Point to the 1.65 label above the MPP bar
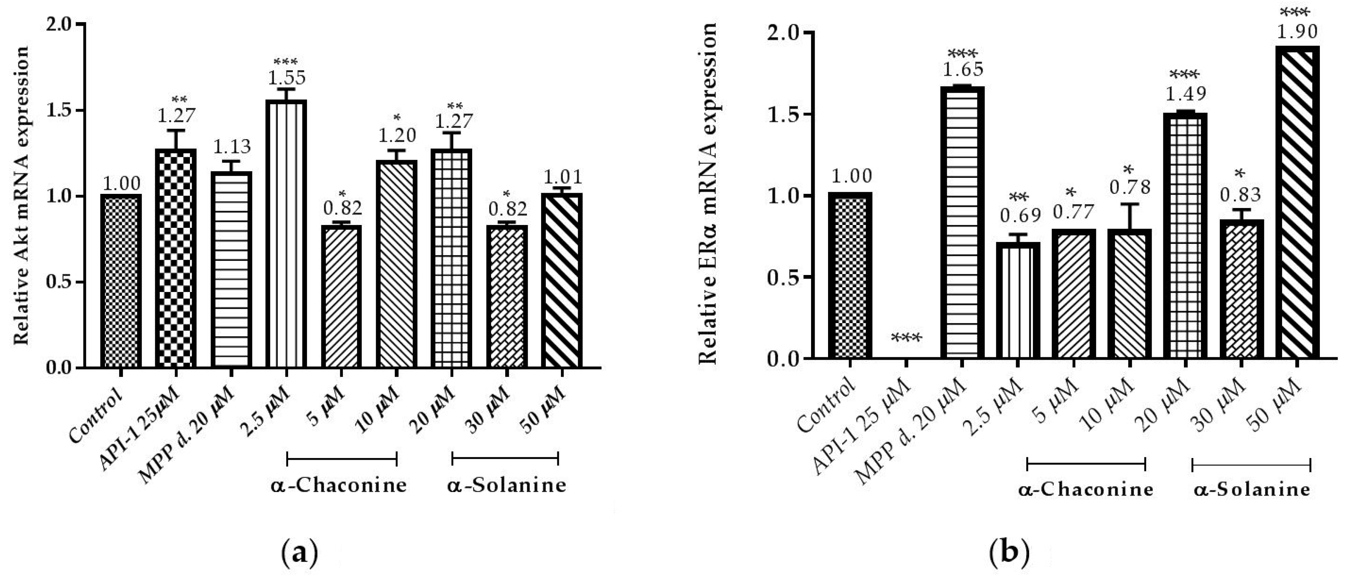click(x=962, y=69)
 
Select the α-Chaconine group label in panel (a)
click(x=339, y=486)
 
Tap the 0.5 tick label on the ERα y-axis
click(x=779, y=277)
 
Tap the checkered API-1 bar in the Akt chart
click(x=176, y=259)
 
